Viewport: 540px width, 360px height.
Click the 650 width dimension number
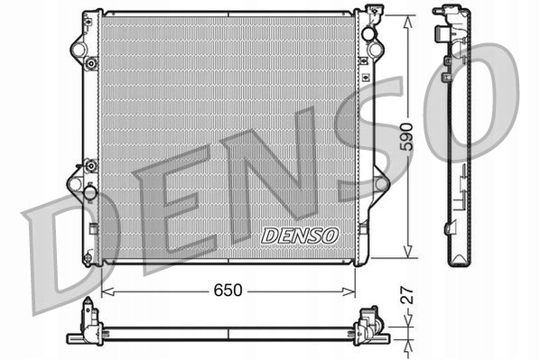click(x=228, y=291)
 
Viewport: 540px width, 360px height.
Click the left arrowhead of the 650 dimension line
click(x=106, y=291)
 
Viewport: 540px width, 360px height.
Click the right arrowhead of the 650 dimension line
click(x=353, y=291)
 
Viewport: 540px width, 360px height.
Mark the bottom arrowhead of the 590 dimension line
click(x=412, y=255)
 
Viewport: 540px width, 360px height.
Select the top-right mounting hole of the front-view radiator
click(x=368, y=34)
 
